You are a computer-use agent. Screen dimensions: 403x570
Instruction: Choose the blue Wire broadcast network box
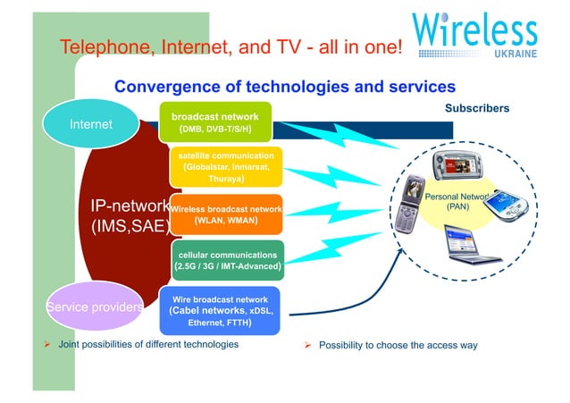pos(221,310)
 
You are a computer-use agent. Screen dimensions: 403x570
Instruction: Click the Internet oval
pos(90,124)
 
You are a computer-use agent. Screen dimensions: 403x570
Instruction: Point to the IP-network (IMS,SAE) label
pos(130,216)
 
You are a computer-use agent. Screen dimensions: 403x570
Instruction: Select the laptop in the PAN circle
pos(472,243)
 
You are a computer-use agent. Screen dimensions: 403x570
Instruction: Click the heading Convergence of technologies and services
pos(285,87)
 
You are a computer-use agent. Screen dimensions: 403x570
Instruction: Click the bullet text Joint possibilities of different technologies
pos(148,344)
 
